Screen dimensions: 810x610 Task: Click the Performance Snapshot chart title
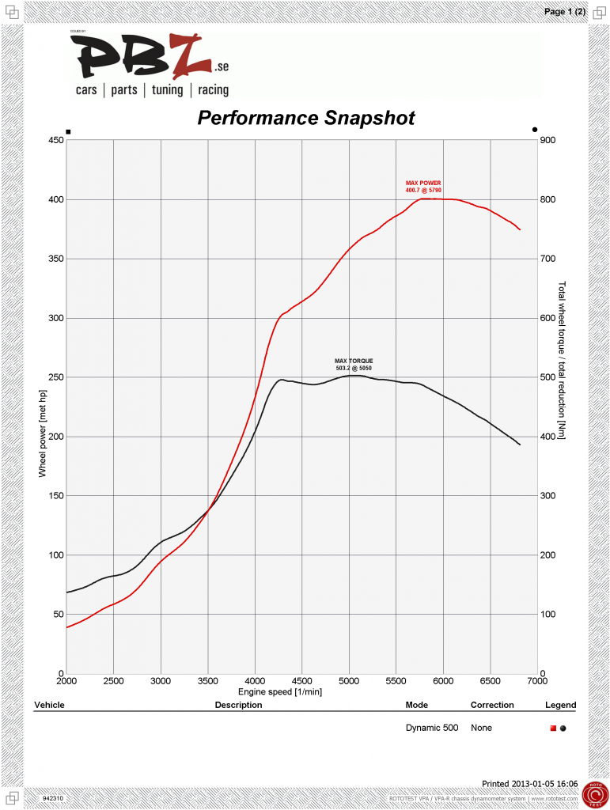click(305, 118)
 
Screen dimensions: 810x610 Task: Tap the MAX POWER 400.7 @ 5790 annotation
click(423, 187)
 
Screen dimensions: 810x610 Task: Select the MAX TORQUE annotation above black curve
click(354, 365)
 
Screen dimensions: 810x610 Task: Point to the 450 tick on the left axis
click(55, 140)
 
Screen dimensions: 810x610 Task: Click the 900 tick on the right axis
click(548, 140)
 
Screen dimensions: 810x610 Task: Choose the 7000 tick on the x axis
click(537, 681)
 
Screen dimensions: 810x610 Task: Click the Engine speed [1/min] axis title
click(301, 691)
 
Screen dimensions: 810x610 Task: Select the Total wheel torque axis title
click(563, 361)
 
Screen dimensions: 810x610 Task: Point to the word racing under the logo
click(214, 90)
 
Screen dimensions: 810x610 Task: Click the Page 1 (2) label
click(565, 11)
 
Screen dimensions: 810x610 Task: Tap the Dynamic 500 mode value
click(431, 728)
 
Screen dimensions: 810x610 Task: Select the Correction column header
click(492, 705)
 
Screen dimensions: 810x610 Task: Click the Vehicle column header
click(49, 705)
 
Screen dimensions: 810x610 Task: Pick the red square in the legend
click(553, 728)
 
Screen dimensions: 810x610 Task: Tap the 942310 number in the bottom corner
click(53, 799)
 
